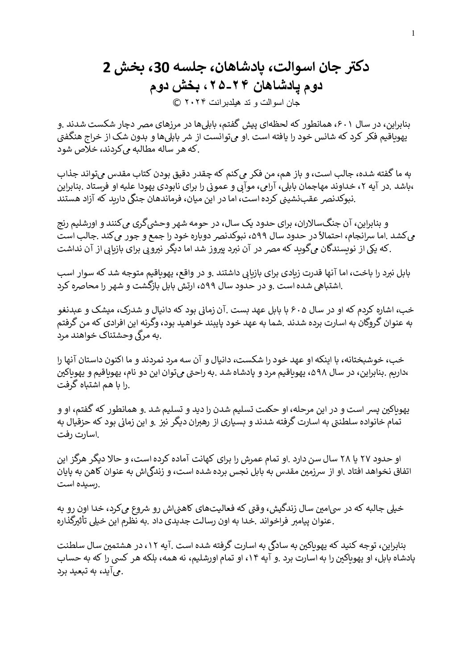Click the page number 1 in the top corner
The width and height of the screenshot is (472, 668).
tap(414, 33)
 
